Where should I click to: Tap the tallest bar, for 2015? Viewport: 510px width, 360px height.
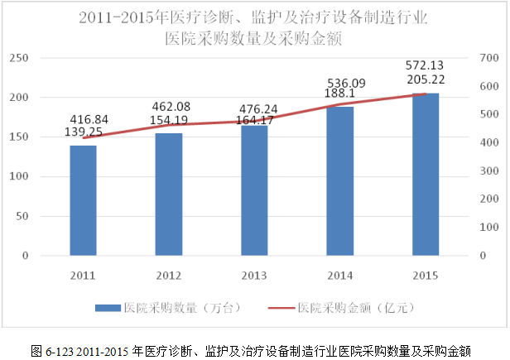tap(426, 175)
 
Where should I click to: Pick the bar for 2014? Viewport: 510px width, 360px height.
tap(339, 181)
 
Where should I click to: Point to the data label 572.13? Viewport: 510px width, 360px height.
tap(425, 65)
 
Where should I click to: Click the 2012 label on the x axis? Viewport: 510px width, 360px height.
tap(169, 275)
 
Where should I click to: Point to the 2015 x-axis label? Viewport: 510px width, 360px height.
tap(426, 275)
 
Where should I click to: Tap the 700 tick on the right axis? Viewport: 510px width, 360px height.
tap(488, 58)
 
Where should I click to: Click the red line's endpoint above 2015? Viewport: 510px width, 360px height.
tap(426, 94)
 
